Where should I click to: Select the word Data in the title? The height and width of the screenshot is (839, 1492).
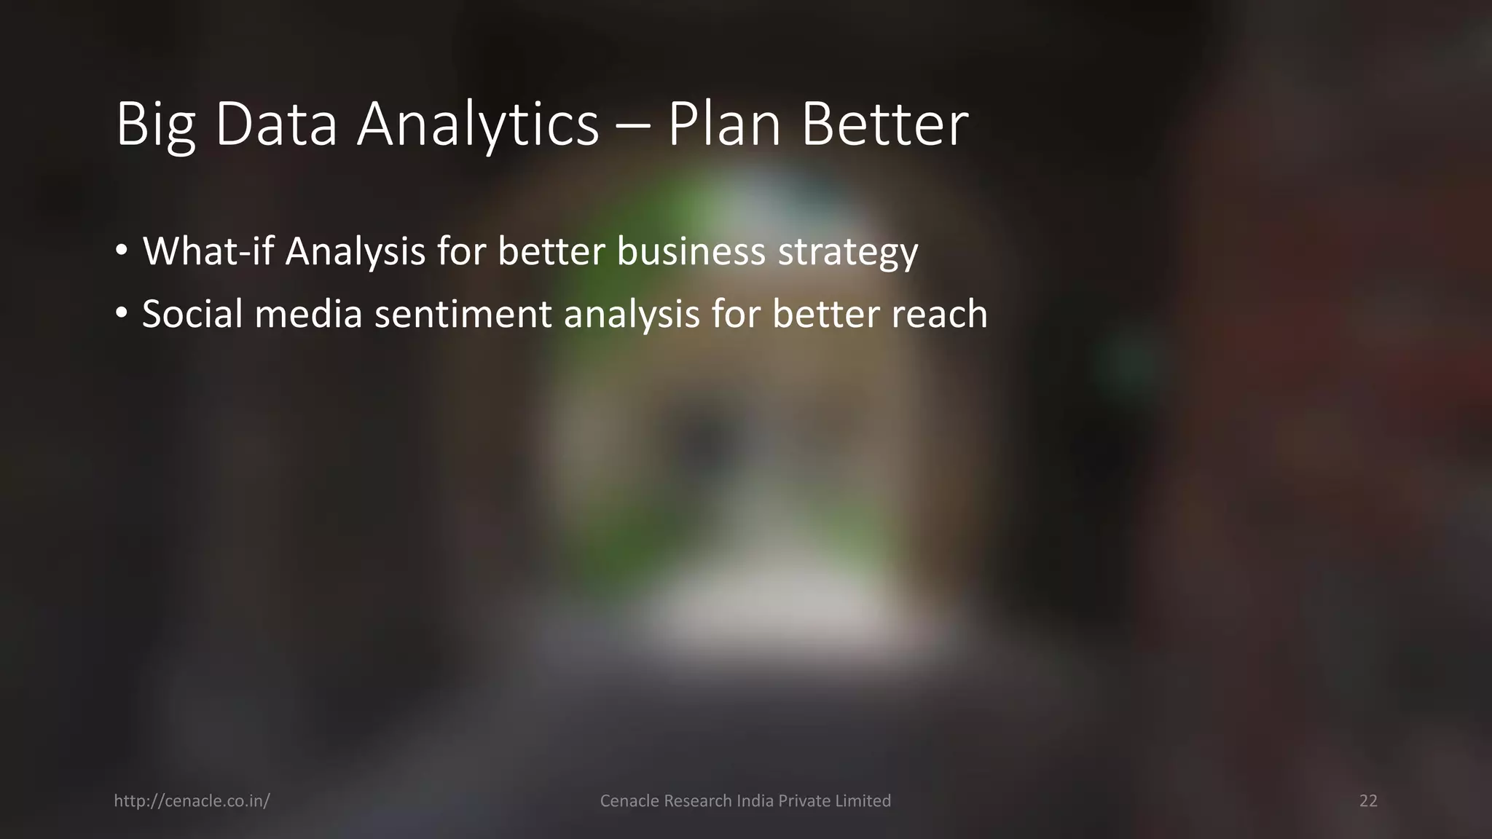(276, 125)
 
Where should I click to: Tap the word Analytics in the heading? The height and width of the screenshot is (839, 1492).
(477, 125)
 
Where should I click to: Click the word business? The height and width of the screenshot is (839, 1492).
(691, 251)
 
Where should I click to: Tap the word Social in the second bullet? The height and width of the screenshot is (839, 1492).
(192, 314)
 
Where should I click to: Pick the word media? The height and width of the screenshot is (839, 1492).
(308, 314)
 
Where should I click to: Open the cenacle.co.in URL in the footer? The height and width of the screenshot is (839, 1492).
(192, 801)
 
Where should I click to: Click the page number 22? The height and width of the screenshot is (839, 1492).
(1368, 801)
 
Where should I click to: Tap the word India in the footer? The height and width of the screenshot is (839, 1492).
(755, 801)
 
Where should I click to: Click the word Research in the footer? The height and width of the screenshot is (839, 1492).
(694, 801)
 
